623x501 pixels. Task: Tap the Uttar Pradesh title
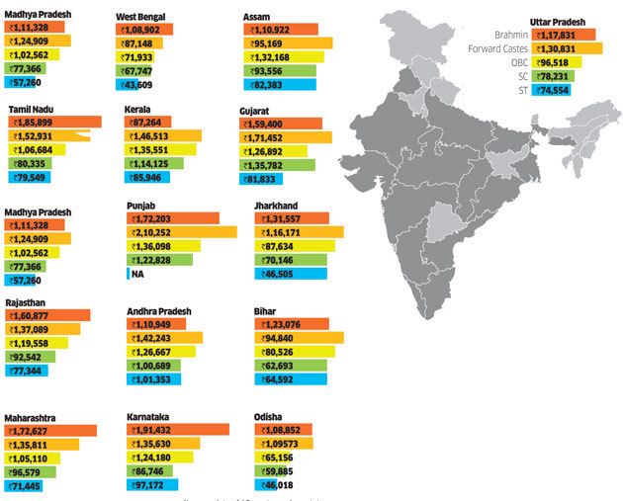click(557, 21)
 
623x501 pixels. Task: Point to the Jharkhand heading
click(279, 207)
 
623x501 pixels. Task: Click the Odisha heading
click(272, 417)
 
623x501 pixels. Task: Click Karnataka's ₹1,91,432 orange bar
click(178, 431)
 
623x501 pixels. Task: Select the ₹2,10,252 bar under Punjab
click(182, 232)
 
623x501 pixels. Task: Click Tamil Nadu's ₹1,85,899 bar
click(54, 122)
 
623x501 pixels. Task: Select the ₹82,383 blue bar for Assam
click(280, 85)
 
